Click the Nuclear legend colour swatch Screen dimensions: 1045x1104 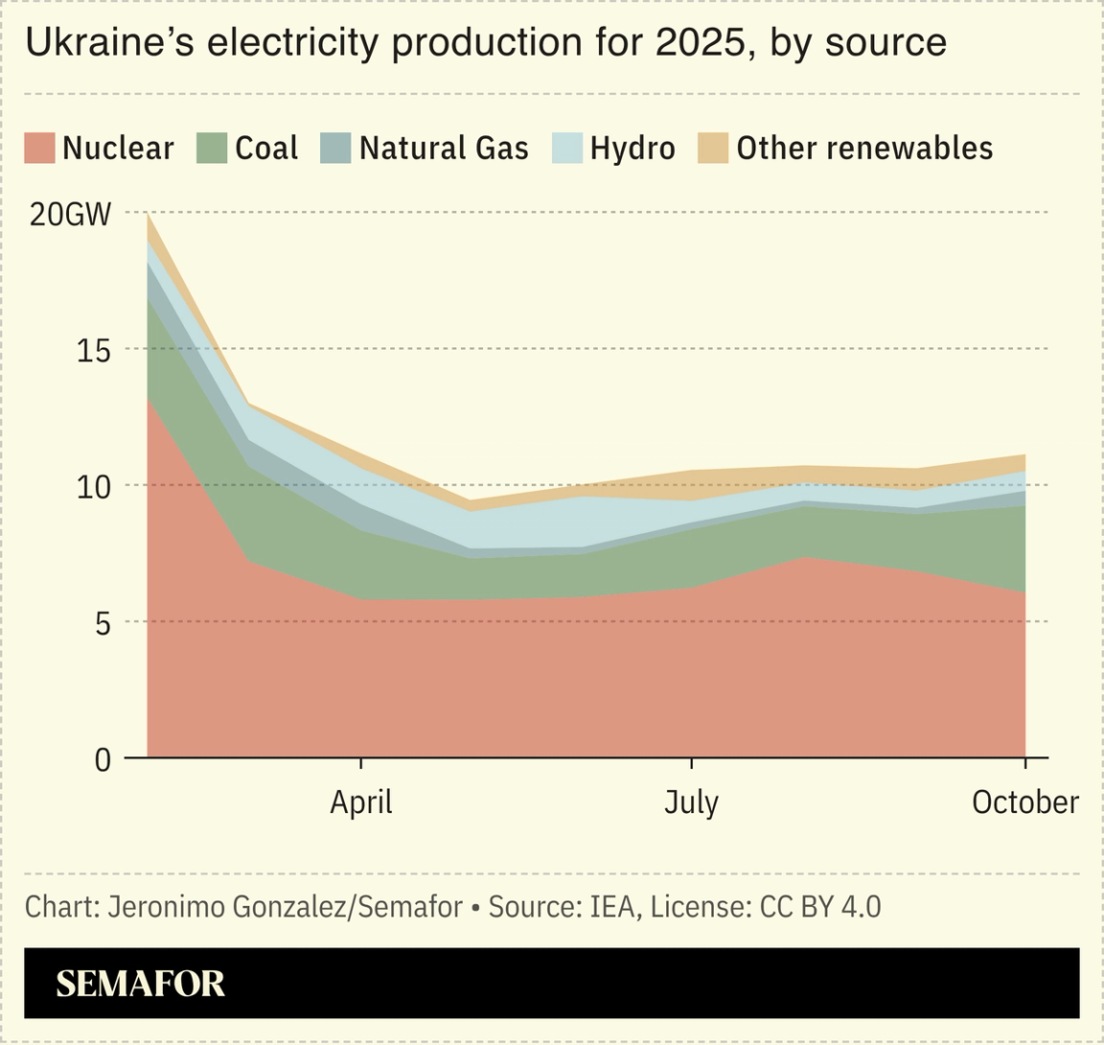(39, 149)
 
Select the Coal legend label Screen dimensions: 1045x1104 (266, 149)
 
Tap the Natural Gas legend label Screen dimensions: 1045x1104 (444, 149)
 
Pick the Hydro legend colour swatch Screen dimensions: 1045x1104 (567, 149)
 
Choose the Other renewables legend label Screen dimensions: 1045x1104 (864, 149)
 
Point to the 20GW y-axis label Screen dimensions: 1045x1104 (70, 214)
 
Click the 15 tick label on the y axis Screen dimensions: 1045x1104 (93, 350)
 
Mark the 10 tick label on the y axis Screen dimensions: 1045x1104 (93, 486)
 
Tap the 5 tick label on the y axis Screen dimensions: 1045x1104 (102, 623)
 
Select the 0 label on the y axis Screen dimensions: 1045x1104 (103, 759)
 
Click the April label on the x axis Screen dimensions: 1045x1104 (361, 801)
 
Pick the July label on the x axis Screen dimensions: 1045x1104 (691, 801)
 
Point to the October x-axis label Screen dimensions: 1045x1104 (1024, 801)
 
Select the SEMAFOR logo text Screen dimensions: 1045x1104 (140, 984)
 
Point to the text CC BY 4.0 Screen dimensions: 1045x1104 (819, 906)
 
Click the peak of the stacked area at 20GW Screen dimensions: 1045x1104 (149, 215)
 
